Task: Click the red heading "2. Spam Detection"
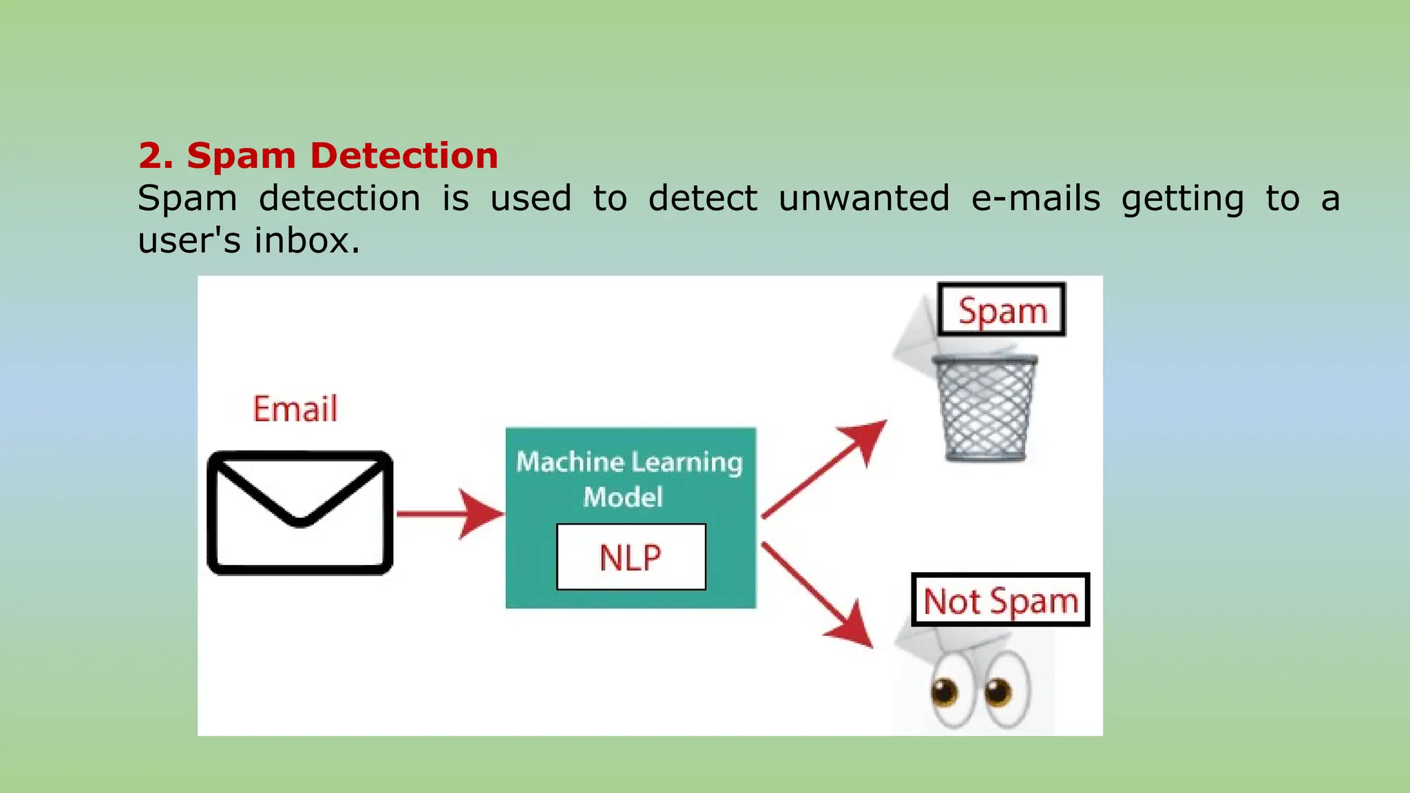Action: (x=318, y=156)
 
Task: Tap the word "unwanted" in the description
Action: (x=864, y=199)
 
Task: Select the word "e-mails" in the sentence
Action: (x=1035, y=199)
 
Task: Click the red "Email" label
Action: (x=295, y=409)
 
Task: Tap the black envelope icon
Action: (x=300, y=513)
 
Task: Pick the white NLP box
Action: (x=631, y=557)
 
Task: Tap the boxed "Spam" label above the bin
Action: (x=1002, y=310)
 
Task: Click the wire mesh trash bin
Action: (x=986, y=408)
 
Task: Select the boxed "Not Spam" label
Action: (x=1000, y=600)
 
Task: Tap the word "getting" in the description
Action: (x=1182, y=199)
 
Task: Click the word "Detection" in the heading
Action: (x=404, y=156)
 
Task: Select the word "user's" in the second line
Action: (x=189, y=241)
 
